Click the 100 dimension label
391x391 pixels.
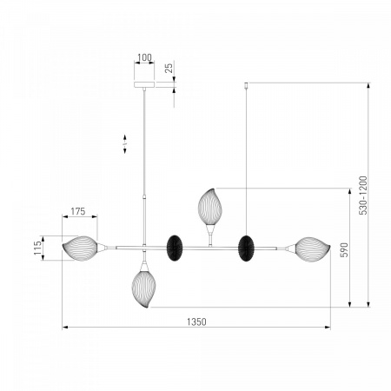coord(144,57)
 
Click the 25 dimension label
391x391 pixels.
coord(169,68)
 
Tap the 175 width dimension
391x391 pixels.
coord(78,212)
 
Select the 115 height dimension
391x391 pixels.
coord(37,248)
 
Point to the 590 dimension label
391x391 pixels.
coord(344,250)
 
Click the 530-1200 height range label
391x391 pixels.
coord(363,195)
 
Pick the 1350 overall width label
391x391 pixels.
coord(196,321)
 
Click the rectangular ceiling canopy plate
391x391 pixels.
coord(144,84)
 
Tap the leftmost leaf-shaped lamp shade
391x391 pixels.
coord(80,249)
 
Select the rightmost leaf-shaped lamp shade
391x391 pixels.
coord(313,249)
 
